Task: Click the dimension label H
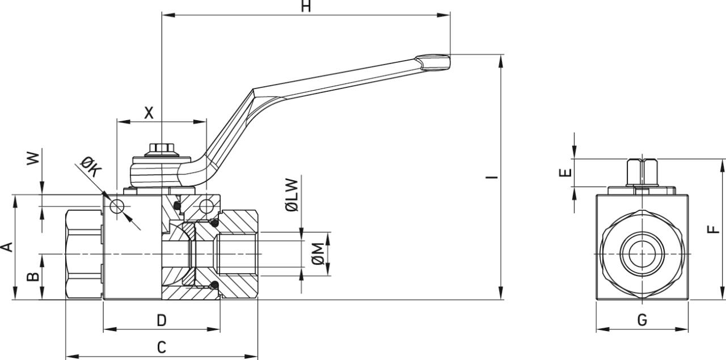pos(306,6)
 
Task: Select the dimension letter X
pos(149,113)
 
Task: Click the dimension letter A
pos(7,247)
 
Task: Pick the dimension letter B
pos(34,276)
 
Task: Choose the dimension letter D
pos(162,320)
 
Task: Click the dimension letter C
pos(162,348)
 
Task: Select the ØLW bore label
pos(292,196)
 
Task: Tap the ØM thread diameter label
pos(319,253)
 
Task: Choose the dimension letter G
pos(642,320)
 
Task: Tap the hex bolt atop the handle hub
pos(162,149)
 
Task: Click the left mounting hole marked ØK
pos(117,206)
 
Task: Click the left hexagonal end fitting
pos(84,254)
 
